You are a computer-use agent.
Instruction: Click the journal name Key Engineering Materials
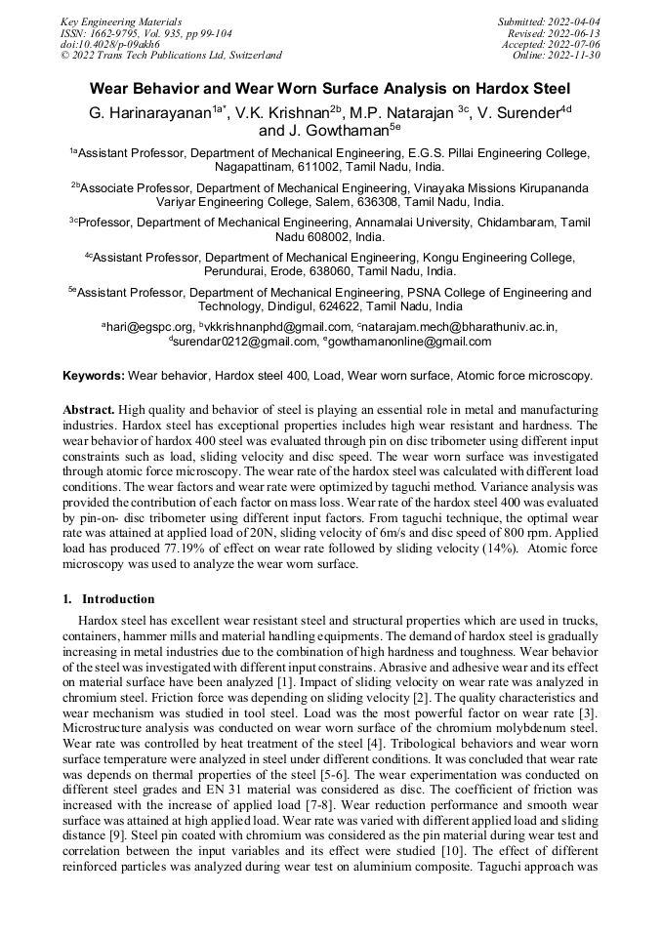122,20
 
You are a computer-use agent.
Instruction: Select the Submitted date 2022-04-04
548,20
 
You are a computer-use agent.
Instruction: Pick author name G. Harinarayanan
149,112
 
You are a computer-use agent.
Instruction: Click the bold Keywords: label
94,376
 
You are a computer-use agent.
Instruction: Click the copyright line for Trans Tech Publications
172,56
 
